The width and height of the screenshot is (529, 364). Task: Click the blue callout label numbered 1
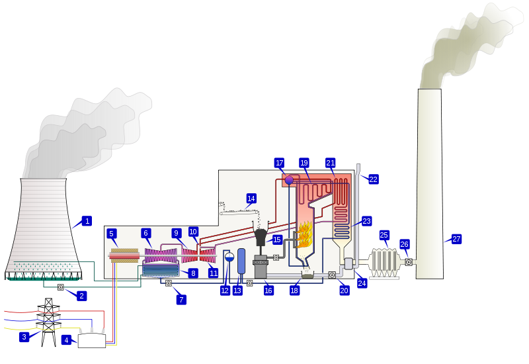click(x=87, y=221)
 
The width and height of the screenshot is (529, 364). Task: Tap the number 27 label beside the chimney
click(x=456, y=239)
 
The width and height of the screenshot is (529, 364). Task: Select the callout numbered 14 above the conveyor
click(x=251, y=199)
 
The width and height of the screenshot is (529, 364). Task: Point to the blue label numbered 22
click(x=374, y=179)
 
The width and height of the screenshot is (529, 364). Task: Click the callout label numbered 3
click(x=24, y=337)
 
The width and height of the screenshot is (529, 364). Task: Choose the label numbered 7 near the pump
click(x=181, y=300)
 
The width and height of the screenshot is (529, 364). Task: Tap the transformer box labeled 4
click(x=91, y=341)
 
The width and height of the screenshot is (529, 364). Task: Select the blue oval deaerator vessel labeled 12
click(x=229, y=257)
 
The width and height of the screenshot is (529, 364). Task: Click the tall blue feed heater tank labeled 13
click(x=241, y=261)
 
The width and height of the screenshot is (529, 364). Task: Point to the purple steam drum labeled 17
click(x=289, y=179)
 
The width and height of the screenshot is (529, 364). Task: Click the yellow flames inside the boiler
click(x=305, y=235)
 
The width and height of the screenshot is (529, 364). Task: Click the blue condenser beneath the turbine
click(x=161, y=269)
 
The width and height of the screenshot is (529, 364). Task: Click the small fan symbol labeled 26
click(x=409, y=262)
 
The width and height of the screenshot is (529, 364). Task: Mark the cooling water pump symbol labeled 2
click(x=61, y=287)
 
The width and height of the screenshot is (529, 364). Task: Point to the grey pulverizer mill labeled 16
click(x=261, y=265)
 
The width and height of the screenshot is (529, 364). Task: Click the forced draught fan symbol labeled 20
click(x=332, y=275)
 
